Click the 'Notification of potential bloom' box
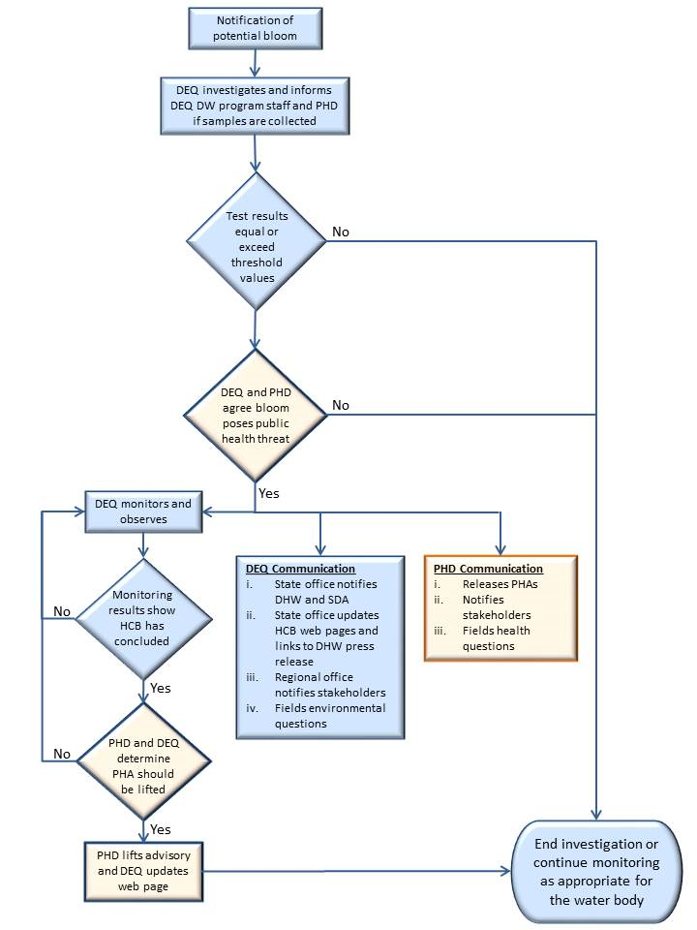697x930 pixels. [256, 28]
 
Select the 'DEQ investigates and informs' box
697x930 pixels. [255, 106]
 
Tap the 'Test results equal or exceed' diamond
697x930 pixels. [256, 241]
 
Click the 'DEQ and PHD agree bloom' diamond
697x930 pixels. [256, 415]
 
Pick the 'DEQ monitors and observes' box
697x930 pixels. [143, 511]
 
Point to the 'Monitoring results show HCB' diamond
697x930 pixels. [143, 619]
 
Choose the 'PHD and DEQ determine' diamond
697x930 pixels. [143, 761]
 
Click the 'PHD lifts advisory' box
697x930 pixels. [143, 871]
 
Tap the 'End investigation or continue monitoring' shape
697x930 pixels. [596, 871]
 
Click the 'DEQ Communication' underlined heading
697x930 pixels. [300, 569]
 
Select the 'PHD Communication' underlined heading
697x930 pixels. [488, 569]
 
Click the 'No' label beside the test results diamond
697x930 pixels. [341, 232]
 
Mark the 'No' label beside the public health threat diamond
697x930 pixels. [341, 405]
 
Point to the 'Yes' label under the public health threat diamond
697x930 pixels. [268, 493]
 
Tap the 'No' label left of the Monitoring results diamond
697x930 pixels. [62, 611]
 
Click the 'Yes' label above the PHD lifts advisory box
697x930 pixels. [160, 830]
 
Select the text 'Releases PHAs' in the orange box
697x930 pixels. [500, 584]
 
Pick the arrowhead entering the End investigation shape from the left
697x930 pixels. [505, 871]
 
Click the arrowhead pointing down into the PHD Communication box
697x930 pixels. [500, 549]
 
